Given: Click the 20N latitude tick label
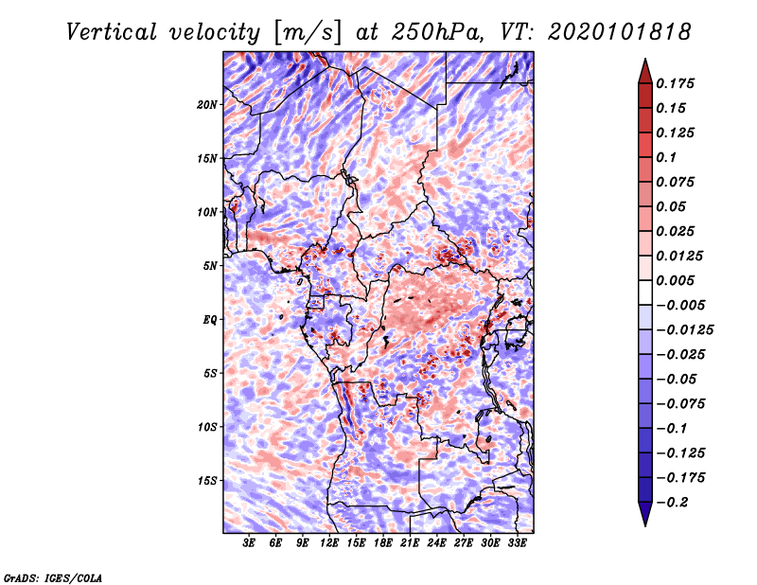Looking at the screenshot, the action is (x=207, y=104).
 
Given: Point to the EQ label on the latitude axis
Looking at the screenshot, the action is (x=210, y=320).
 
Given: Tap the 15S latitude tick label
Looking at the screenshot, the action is (x=207, y=481).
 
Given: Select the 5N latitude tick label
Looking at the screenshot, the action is (x=210, y=266).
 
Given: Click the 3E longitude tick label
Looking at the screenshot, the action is (x=249, y=543).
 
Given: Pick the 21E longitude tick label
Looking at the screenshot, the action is (x=410, y=543).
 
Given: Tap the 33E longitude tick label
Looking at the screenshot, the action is (x=517, y=543).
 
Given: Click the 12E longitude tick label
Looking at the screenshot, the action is (x=329, y=543).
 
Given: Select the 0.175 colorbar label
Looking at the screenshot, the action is (x=675, y=83).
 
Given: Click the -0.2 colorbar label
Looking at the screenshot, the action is (x=672, y=503).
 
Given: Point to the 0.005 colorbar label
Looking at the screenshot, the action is (x=675, y=280).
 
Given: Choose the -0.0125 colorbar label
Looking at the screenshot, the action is (x=684, y=330).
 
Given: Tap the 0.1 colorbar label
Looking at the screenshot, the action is (x=666, y=157).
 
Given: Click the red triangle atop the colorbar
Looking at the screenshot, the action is (x=645, y=71).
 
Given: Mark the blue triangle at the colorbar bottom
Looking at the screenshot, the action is (x=645, y=514).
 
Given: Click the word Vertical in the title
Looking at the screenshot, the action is (x=112, y=32).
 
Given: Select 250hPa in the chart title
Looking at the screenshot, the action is (x=437, y=32).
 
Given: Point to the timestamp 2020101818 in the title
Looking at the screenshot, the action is (x=620, y=32).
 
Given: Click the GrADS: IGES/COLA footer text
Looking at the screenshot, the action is (x=53, y=578).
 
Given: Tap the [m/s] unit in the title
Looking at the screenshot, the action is (x=308, y=33).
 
